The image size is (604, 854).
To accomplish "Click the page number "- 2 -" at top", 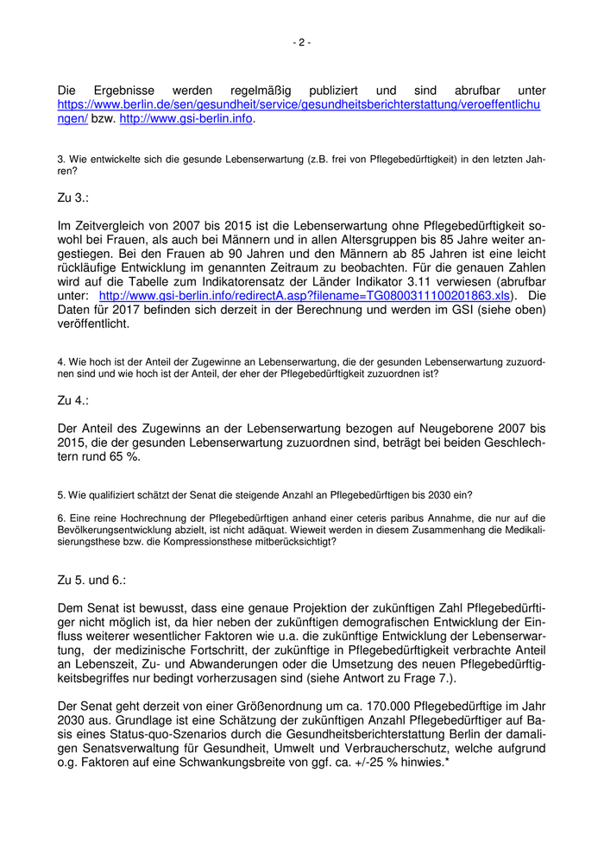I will (302, 42).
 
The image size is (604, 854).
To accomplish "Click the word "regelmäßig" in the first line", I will (263, 91).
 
